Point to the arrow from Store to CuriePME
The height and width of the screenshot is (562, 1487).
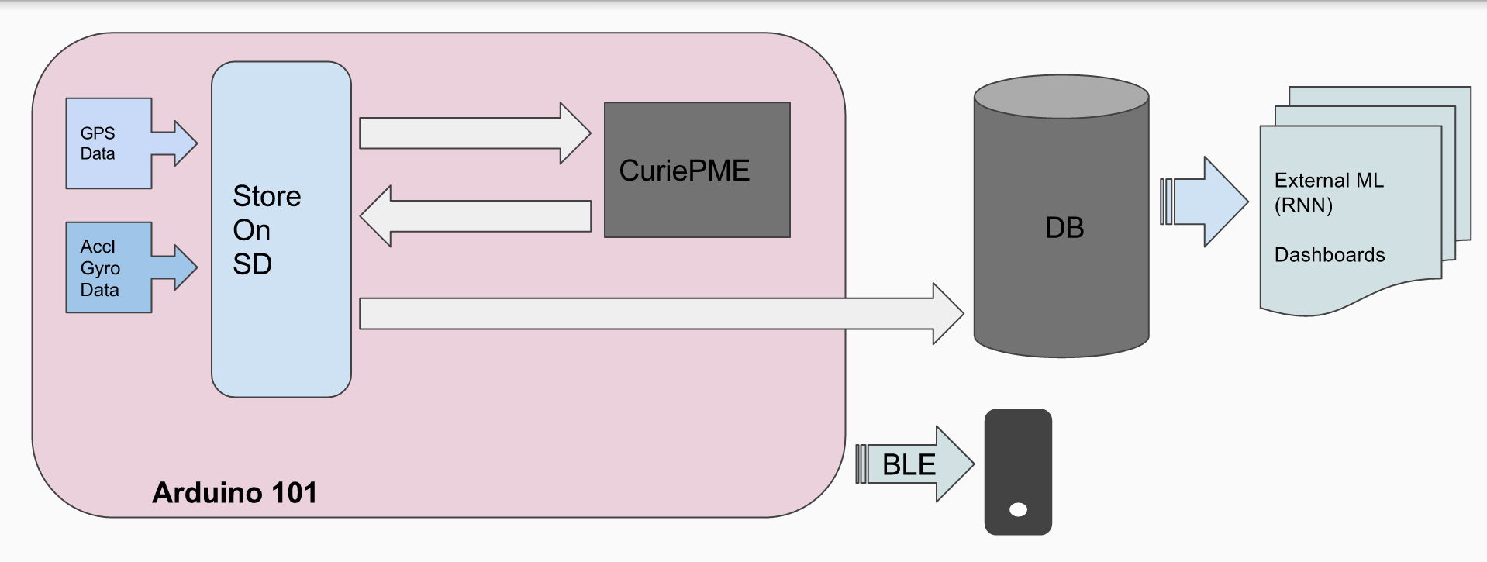click(473, 133)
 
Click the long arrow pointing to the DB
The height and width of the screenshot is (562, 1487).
click(659, 313)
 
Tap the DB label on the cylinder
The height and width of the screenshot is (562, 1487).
click(1064, 228)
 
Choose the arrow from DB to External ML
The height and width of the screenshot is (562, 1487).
click(1206, 202)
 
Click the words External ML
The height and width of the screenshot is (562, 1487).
click(1328, 181)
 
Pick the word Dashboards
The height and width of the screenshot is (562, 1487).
click(1329, 255)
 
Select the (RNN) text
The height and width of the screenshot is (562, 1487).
click(1303, 205)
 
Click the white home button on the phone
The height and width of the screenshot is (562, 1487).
click(1018, 509)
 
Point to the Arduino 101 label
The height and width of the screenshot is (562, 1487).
click(234, 493)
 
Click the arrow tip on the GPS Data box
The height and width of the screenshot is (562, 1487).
click(185, 143)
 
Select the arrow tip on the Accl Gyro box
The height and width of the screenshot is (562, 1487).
click(185, 267)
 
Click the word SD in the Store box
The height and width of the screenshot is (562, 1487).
click(252, 264)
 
